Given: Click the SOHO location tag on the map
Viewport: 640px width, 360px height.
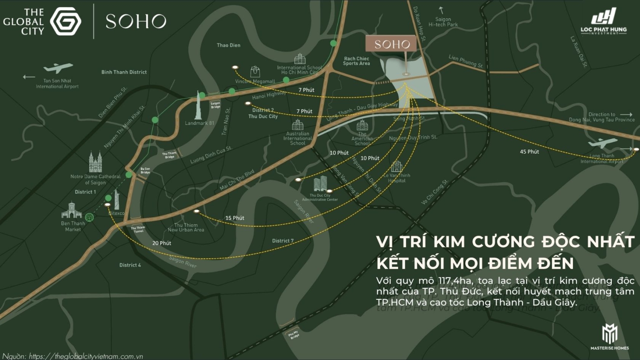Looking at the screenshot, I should tap(392, 44).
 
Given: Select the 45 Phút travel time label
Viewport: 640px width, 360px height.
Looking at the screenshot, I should tap(529, 151).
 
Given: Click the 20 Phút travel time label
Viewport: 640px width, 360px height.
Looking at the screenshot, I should tap(162, 243).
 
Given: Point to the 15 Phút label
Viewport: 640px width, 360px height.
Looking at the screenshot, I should tap(235, 218).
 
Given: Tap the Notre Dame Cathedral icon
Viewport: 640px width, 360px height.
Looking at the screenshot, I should tap(95, 162).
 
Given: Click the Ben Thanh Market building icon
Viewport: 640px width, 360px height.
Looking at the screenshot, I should tap(71, 210).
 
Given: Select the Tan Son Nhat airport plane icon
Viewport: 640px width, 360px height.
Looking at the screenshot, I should tap(58, 68).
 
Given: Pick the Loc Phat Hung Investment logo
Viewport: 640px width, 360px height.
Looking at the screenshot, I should tap(603, 21).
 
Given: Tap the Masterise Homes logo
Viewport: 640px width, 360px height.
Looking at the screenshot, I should tap(609, 337).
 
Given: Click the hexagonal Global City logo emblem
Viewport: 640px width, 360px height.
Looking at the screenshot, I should tap(66, 21).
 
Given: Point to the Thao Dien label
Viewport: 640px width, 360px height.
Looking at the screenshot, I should tap(228, 45).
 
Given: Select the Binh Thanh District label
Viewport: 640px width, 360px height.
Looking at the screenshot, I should tap(124, 72).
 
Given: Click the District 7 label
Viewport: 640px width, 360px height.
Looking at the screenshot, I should tap(283, 241).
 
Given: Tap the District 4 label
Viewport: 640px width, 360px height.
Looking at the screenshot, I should tap(130, 265).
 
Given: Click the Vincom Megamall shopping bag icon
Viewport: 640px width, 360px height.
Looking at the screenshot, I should tap(255, 71).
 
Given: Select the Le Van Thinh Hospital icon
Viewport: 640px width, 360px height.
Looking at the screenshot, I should tap(396, 166).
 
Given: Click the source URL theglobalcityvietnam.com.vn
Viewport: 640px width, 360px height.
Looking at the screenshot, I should tap(85, 356).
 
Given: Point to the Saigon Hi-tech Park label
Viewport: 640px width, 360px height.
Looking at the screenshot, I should tap(443, 22).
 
